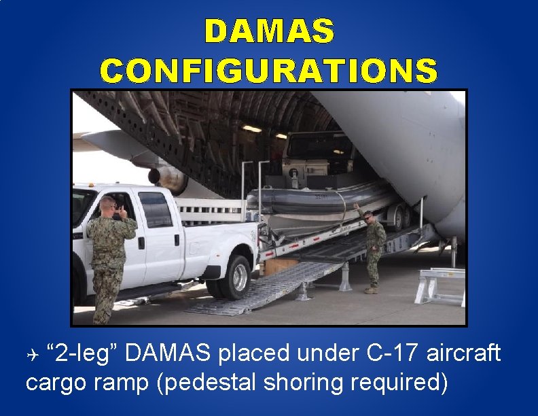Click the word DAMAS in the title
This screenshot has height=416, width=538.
click(269, 31)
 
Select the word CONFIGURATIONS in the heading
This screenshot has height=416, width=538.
click(269, 70)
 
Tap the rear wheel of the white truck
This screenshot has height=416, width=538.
click(236, 275)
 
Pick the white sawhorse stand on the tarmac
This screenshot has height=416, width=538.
click(440, 285)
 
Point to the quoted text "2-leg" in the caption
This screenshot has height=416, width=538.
click(83, 353)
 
